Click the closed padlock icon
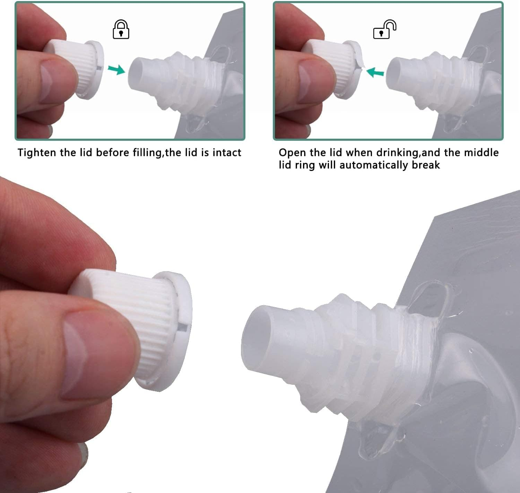[x=121, y=29]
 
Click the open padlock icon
[x=384, y=30]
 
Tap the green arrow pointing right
[x=116, y=69]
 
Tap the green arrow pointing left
[x=375, y=72]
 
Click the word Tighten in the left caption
[x=37, y=153]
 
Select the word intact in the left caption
[x=227, y=153]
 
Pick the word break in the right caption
[x=426, y=165]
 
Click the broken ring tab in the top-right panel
[x=359, y=64]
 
